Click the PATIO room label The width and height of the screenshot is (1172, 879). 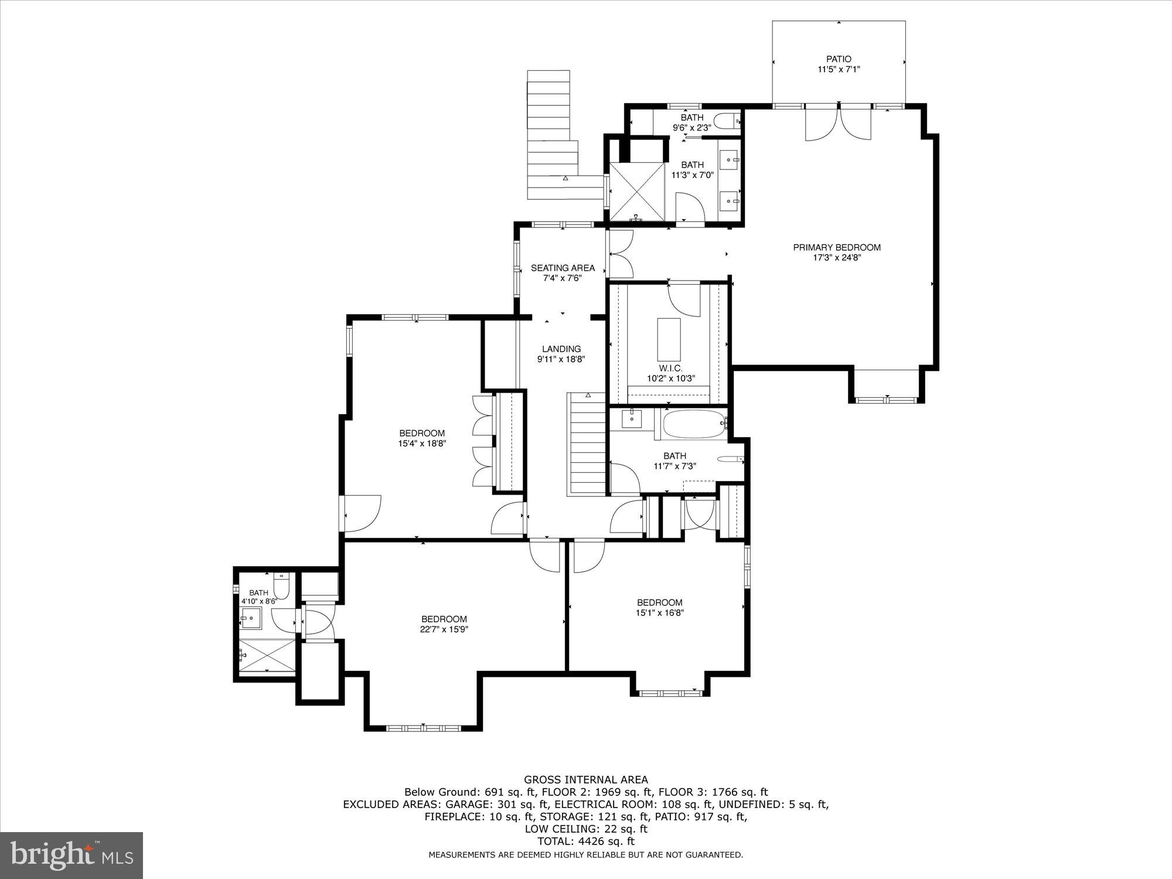pyautogui.click(x=839, y=59)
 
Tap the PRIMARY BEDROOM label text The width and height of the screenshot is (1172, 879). pyautogui.click(x=836, y=247)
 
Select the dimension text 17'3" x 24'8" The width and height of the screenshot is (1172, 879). pyautogui.click(x=836, y=257)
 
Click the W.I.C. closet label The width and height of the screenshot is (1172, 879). pyautogui.click(x=670, y=368)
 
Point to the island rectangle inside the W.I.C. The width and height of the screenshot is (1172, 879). pyautogui.click(x=669, y=340)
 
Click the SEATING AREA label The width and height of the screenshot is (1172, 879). pyautogui.click(x=563, y=268)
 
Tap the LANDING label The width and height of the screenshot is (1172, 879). pyautogui.click(x=561, y=349)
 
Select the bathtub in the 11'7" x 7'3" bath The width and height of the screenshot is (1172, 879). pyautogui.click(x=691, y=424)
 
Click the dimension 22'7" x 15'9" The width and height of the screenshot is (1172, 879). pyautogui.click(x=444, y=629)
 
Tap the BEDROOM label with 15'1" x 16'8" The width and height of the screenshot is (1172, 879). pyautogui.click(x=660, y=602)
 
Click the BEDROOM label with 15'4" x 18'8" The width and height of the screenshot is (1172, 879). pyautogui.click(x=422, y=434)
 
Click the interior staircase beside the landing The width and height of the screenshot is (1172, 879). pyautogui.click(x=587, y=445)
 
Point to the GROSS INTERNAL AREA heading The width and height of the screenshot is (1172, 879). pyautogui.click(x=585, y=779)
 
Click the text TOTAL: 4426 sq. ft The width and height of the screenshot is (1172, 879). pyautogui.click(x=585, y=841)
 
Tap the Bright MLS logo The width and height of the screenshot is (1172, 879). pyautogui.click(x=71, y=856)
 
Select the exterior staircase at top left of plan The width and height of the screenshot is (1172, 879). pyautogui.click(x=551, y=135)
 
